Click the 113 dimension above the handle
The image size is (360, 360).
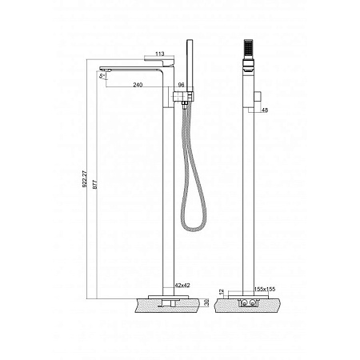click(x=160, y=54)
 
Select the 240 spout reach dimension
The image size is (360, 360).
click(x=138, y=85)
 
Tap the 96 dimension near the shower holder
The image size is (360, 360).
click(x=181, y=85)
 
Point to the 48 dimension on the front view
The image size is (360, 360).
click(x=265, y=110)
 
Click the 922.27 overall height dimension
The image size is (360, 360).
click(x=84, y=179)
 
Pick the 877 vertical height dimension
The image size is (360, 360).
click(x=94, y=185)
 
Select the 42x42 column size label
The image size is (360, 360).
click(x=182, y=285)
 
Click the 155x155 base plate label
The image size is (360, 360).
click(x=265, y=289)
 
